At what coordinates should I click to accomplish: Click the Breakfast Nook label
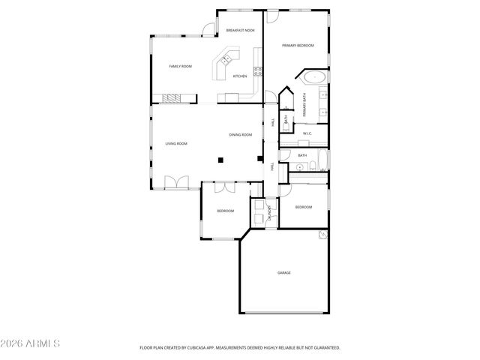point(240,31)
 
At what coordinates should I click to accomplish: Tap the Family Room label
point(180,67)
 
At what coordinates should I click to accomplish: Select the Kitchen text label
point(240,76)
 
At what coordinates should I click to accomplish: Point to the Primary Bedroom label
point(298,46)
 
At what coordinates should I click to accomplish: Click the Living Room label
point(176,143)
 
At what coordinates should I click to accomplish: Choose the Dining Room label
point(241,135)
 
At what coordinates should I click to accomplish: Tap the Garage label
point(284,272)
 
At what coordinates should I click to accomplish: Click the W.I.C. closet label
point(307,133)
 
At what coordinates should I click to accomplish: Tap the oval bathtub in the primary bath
point(313,76)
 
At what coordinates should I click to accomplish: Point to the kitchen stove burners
point(258,72)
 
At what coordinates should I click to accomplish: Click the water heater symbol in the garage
point(323,235)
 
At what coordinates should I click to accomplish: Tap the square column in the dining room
point(220,159)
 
